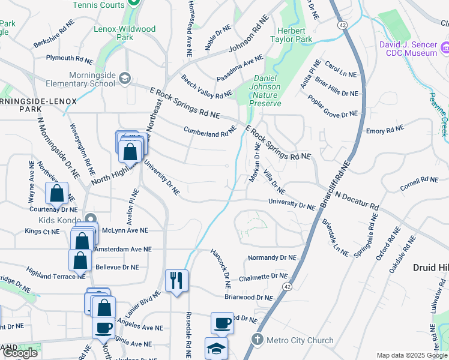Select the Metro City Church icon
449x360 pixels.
pos(258,340)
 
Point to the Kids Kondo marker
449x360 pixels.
pos(91,219)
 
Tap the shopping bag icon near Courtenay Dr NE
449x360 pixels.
pos(56,193)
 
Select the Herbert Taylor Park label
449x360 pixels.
pos(295,34)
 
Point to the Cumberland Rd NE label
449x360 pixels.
pos(210,133)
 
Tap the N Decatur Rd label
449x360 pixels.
pos(357,201)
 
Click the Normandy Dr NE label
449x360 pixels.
pos(272,257)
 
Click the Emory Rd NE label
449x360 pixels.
pos(385,130)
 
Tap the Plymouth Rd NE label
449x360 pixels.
pos(71,59)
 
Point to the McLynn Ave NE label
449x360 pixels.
pos(125,230)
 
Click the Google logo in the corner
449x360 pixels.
pos(20,353)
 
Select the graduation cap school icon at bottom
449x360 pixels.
pos(216,348)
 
